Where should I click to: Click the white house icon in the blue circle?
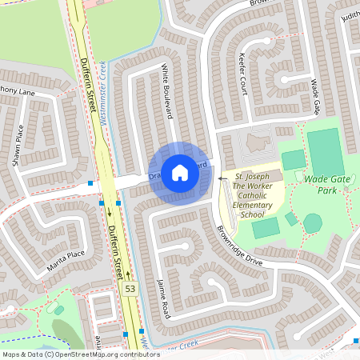[180, 173]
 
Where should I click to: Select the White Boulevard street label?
[168, 90]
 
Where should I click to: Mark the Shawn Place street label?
[18, 145]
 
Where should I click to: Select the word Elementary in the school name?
[253, 205]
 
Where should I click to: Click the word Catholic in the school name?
[253, 194]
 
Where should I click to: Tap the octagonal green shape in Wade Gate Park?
[313, 222]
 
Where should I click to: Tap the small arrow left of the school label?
[222, 179]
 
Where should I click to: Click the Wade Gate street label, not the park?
[316, 97]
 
